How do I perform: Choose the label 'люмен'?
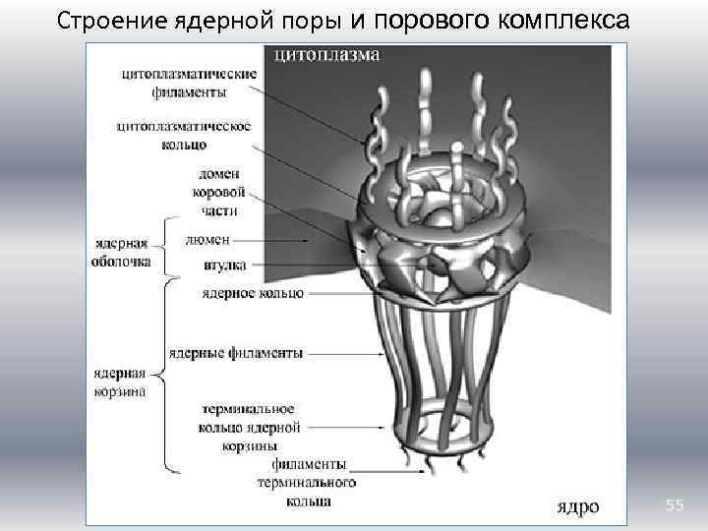[x=207, y=239]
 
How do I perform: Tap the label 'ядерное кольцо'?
[x=252, y=293]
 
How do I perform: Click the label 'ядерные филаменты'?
[x=236, y=352]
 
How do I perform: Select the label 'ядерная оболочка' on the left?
[x=123, y=254]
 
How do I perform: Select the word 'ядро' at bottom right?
[x=577, y=506]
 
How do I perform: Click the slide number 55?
[x=674, y=504]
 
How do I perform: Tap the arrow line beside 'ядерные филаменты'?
[x=344, y=351]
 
